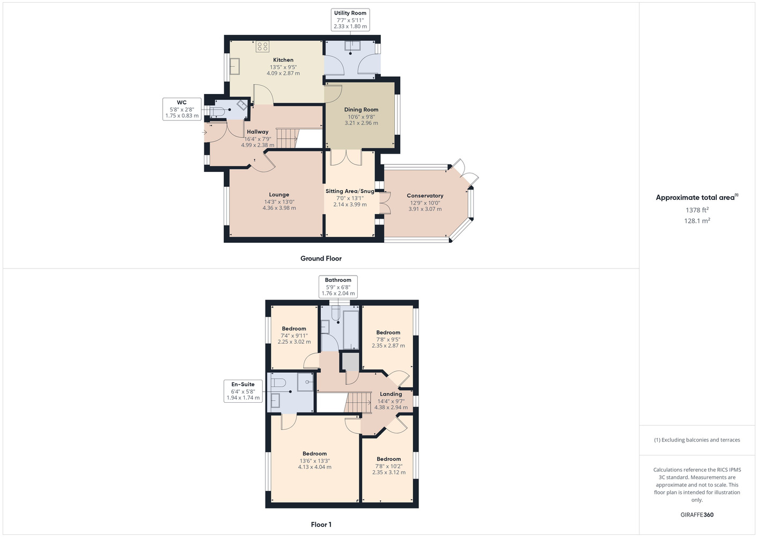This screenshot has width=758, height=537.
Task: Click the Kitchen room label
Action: click(283, 60)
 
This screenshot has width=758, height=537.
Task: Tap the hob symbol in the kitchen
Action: click(262, 46)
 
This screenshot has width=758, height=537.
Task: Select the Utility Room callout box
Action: click(350, 20)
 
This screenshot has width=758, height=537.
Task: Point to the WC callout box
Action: click(182, 109)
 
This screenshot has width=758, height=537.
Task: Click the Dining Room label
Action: click(361, 110)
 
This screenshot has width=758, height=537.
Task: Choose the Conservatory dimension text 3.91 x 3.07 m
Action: click(425, 209)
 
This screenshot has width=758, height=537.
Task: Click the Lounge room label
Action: click(279, 194)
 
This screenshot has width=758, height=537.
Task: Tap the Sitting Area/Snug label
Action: click(350, 191)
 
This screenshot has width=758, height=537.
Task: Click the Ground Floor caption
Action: click(321, 258)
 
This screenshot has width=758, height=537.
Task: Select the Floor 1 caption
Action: click(321, 525)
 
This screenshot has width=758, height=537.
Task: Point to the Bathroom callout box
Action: click(338, 287)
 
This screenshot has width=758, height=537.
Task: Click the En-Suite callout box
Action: click(243, 391)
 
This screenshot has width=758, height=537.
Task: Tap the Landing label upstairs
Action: click(391, 394)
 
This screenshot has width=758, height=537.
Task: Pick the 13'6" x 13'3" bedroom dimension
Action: click(315, 461)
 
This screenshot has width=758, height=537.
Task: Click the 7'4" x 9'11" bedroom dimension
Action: click(294, 336)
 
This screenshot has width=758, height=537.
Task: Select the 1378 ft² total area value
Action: click(697, 210)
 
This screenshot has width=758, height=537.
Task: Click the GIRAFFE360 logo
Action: click(697, 514)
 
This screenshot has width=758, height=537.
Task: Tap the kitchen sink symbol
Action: click(235, 67)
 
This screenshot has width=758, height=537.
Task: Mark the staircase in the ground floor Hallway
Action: click(287, 138)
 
